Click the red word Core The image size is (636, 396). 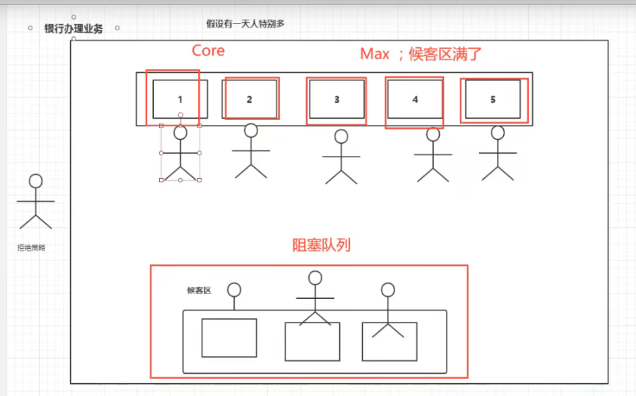tap(208, 51)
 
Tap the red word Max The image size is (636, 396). tap(375, 54)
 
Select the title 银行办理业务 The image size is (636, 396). tap(74, 29)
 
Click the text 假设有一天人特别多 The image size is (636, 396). tap(245, 24)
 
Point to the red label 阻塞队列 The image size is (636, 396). tap(321, 245)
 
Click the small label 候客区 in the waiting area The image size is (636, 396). tap(199, 291)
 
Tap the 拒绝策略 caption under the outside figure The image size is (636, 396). tap(31, 248)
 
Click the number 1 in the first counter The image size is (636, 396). tap(180, 99)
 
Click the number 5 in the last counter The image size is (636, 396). tap(493, 99)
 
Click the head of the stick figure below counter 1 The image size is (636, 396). tap(181, 133)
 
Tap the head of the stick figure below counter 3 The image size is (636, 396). tap(341, 137)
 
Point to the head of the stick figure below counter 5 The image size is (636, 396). tap(498, 133)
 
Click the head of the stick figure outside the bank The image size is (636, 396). tap(36, 181)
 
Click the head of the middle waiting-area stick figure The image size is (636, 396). tap(315, 278)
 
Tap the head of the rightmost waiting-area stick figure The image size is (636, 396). tap(388, 289)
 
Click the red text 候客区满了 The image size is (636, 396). tap(445, 54)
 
